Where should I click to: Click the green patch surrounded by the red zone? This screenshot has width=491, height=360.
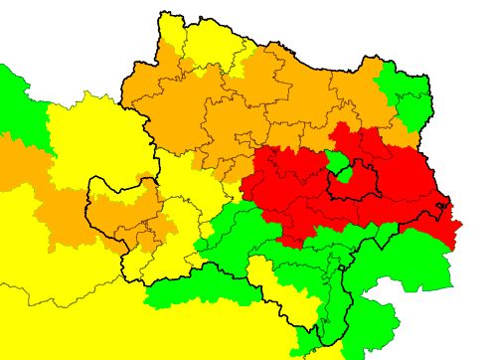pyautogui.click(x=339, y=161)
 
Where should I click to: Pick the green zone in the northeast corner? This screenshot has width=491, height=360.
pyautogui.click(x=408, y=94)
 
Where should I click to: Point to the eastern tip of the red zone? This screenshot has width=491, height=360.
pyautogui.click(x=457, y=224)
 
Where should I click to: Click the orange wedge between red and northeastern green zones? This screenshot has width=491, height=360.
pyautogui.click(x=393, y=129)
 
